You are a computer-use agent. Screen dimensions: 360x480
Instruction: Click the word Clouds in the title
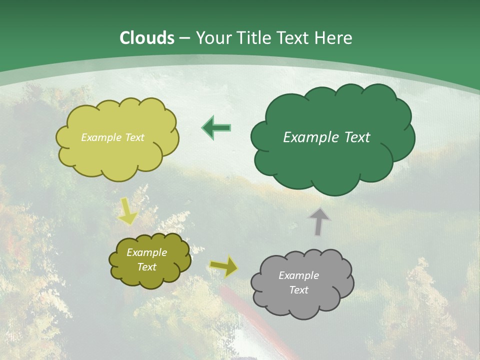point(147,38)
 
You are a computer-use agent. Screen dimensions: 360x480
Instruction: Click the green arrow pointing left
point(216,127)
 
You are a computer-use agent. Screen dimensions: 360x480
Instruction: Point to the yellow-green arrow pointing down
point(128,211)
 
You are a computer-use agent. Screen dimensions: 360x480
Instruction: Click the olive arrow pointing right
point(223,266)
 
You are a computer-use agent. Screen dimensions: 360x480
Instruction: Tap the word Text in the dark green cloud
point(356,137)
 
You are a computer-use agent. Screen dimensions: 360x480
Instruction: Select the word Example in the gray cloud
point(298,275)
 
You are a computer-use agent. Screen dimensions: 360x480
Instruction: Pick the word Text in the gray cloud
point(298,290)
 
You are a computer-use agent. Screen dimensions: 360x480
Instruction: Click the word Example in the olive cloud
point(146,252)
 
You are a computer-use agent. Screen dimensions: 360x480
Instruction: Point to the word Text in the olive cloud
point(146,267)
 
